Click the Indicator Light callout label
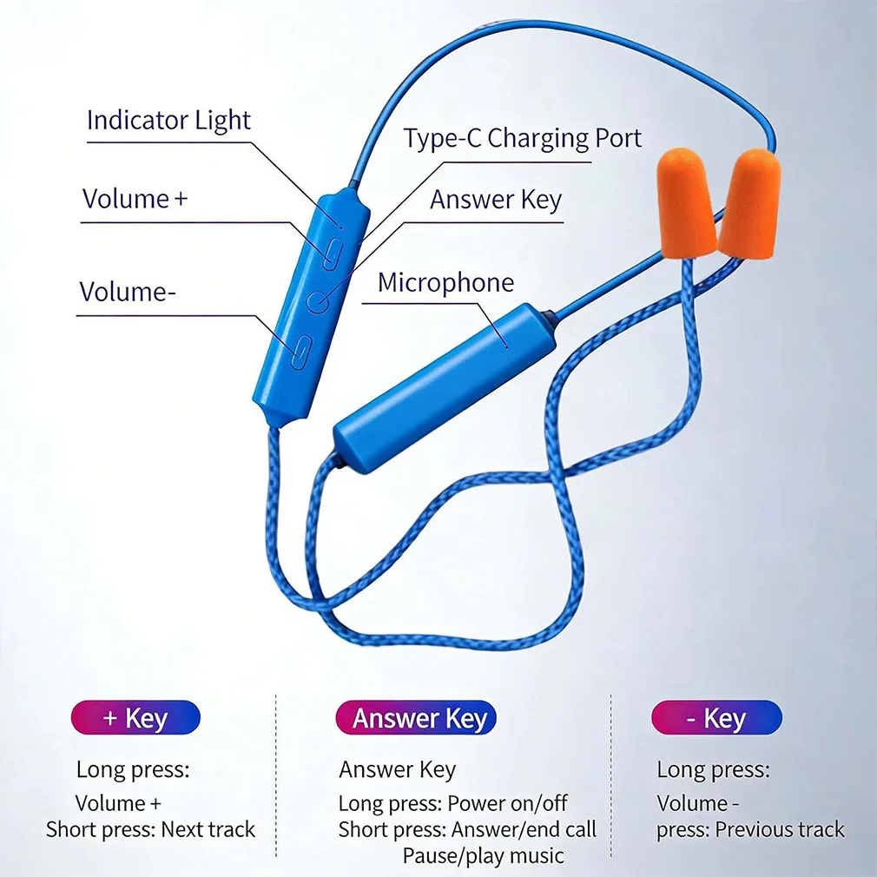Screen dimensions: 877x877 (x=168, y=120)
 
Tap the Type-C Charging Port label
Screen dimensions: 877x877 (x=523, y=138)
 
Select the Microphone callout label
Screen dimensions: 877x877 (x=445, y=282)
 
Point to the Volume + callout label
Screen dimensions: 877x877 (x=135, y=199)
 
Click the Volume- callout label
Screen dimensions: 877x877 (x=128, y=292)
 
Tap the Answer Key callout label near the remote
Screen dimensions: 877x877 (x=496, y=200)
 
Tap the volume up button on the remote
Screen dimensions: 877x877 (x=333, y=254)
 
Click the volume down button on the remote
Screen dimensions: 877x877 (x=301, y=352)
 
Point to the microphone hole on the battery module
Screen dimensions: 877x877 (x=507, y=346)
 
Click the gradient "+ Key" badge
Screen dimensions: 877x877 (x=135, y=717)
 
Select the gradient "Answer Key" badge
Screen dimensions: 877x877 (x=416, y=717)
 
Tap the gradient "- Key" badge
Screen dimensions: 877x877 (x=716, y=717)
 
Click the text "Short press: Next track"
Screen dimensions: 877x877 (x=150, y=829)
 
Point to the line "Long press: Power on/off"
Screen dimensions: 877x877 (x=452, y=804)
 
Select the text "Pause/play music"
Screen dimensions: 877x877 (x=484, y=856)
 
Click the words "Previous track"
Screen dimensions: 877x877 (x=780, y=829)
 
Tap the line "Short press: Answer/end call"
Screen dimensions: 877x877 (x=467, y=829)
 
